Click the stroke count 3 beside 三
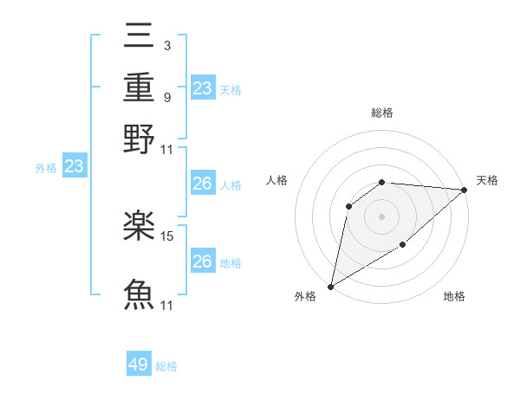point(166,44)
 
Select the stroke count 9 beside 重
point(166,97)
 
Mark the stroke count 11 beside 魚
point(168,305)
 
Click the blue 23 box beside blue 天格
point(203,87)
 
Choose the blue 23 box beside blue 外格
point(74,166)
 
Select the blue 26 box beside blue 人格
point(203,184)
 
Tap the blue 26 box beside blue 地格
point(203,262)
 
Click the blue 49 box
point(139,365)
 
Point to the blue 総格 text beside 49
point(167,366)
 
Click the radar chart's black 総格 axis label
point(382,113)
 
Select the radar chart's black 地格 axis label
point(454,297)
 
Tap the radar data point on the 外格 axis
point(330,287)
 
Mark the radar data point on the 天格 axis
point(465,191)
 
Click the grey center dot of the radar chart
point(382,216)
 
